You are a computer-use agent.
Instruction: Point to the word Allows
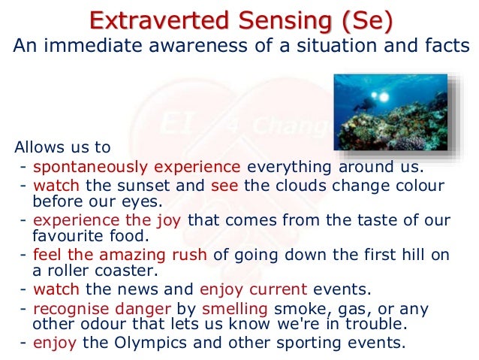tap(41, 147)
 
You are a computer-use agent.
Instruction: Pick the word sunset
tap(178, 186)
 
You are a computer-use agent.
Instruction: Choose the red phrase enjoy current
tap(253, 289)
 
